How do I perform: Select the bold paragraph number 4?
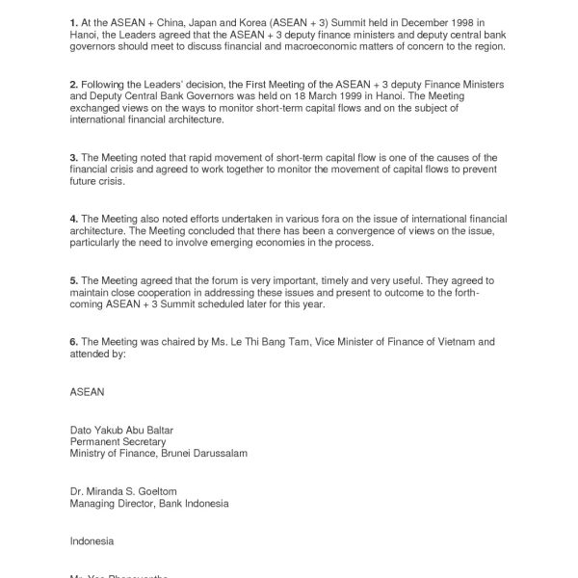pos(73,220)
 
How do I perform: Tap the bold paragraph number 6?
pos(73,341)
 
